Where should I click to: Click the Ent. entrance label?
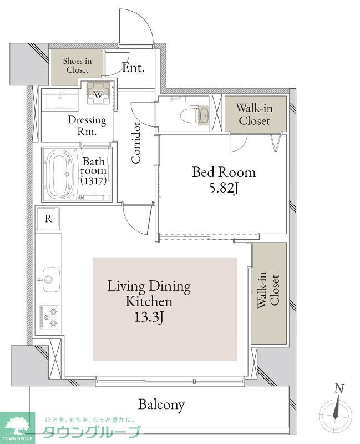(133, 68)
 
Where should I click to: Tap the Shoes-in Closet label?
(77, 65)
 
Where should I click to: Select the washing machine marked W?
(98, 93)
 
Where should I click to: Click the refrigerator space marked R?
(48, 219)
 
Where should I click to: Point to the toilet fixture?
(195, 115)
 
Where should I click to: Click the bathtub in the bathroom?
(58, 174)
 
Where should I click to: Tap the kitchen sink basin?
(51, 279)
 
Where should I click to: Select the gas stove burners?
(49, 317)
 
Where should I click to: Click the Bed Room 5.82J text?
(224, 180)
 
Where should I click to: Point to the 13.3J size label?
(148, 317)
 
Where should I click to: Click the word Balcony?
(161, 405)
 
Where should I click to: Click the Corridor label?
(136, 143)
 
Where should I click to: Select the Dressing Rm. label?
(87, 125)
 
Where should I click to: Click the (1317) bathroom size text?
(93, 180)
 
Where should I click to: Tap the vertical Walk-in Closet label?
(268, 290)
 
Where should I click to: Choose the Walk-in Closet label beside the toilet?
(255, 114)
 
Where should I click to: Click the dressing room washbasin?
(60, 99)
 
